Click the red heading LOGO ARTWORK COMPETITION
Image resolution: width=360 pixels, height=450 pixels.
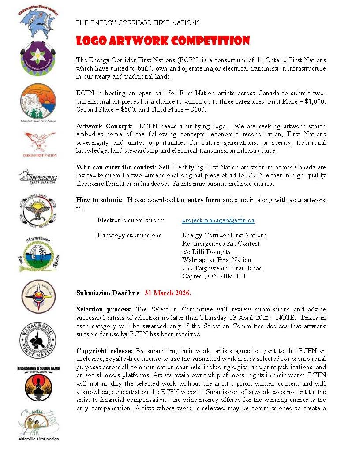coord(163,41)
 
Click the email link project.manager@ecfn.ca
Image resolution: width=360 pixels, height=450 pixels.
coord(218,220)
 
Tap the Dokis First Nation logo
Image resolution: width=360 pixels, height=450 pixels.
coord(40,144)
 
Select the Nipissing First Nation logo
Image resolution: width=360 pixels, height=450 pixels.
coord(38,177)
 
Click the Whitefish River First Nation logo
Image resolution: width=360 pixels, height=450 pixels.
coord(38,102)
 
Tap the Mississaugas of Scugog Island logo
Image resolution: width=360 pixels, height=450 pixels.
coord(38,384)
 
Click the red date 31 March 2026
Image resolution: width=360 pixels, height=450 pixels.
coord(168,293)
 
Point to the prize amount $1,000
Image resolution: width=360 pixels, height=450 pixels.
coord(315,101)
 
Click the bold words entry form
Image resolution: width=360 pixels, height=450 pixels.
coord(203,200)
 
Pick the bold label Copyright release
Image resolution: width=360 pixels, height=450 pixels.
coord(105,351)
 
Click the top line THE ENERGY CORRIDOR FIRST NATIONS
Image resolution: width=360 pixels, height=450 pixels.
coord(138,22)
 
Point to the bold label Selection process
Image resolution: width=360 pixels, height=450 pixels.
coord(104,309)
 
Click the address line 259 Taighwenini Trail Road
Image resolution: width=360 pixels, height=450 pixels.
coord(222,268)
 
